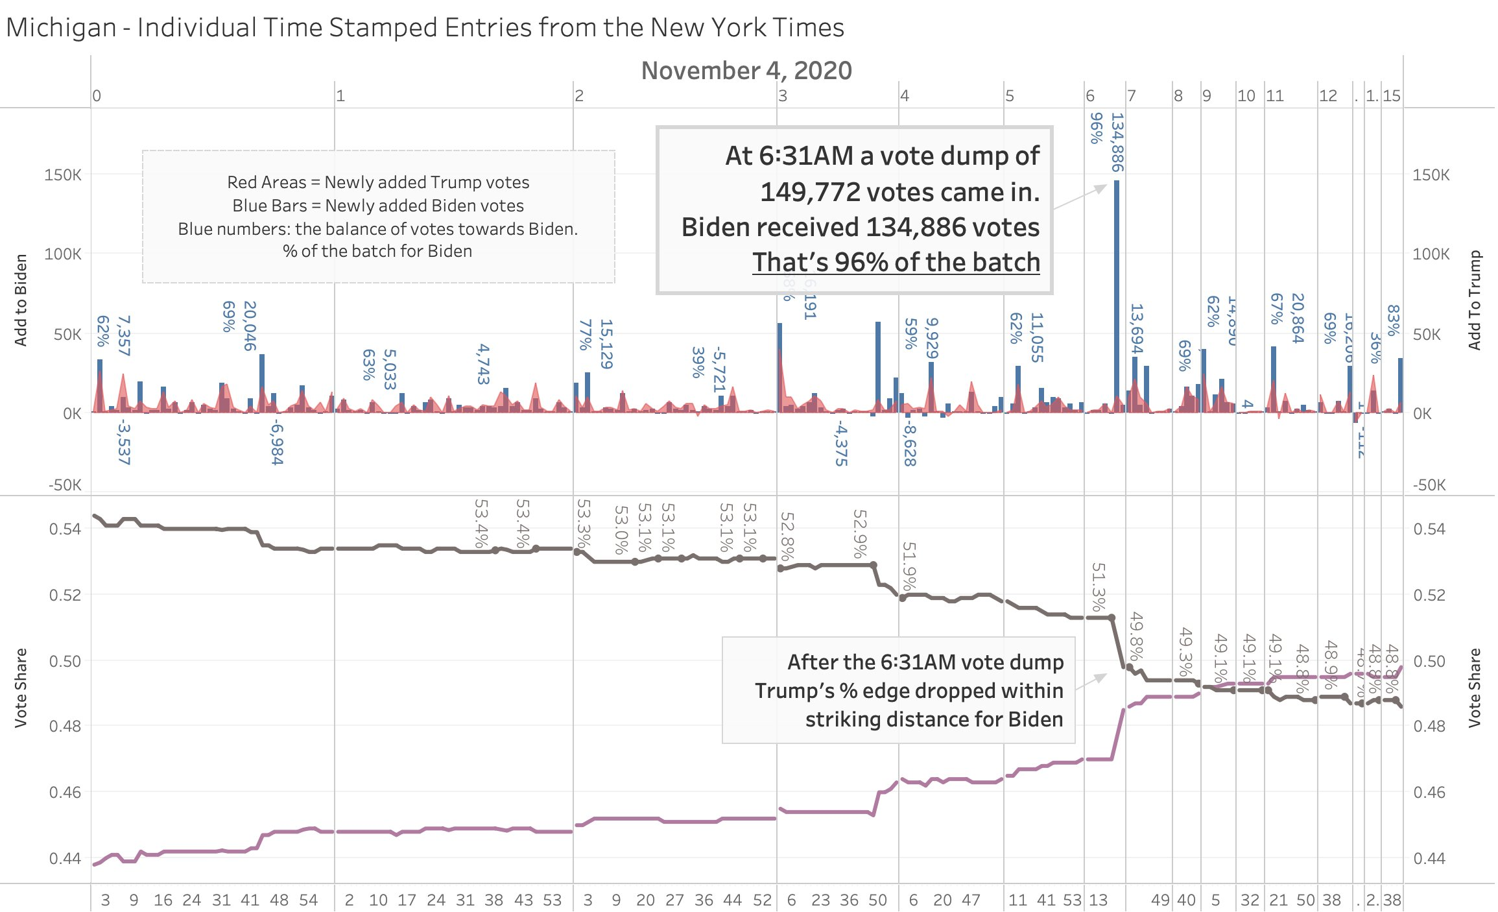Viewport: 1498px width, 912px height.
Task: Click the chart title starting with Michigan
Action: click(x=425, y=28)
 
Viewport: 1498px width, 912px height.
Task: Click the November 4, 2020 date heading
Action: click(x=746, y=70)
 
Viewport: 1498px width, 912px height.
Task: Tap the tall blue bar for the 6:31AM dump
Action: click(x=1116, y=292)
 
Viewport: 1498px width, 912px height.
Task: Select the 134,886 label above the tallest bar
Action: click(x=1117, y=142)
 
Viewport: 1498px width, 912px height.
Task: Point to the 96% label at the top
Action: click(x=1096, y=128)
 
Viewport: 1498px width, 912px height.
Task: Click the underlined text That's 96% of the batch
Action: click(x=896, y=262)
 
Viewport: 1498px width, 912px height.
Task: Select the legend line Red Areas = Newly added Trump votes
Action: click(x=378, y=182)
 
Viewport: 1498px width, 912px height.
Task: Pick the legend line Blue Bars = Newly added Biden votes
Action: click(x=378, y=206)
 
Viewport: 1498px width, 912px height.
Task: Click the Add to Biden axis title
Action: click(x=21, y=300)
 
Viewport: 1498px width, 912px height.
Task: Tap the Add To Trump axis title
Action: click(x=1475, y=300)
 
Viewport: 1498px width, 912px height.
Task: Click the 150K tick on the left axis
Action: click(x=63, y=175)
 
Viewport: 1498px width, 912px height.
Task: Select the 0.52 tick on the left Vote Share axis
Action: click(x=65, y=595)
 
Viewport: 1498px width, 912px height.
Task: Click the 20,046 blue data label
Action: click(x=250, y=326)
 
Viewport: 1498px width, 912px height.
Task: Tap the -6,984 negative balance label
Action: click(x=277, y=442)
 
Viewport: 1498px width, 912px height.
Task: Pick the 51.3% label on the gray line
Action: click(x=1097, y=586)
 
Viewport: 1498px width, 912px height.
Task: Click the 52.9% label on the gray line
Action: click(x=859, y=533)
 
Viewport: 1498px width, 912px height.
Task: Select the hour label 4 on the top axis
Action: click(x=904, y=96)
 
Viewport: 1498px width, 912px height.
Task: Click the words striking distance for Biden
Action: click(x=934, y=719)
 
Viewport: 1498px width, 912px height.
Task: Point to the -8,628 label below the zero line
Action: click(x=910, y=443)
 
